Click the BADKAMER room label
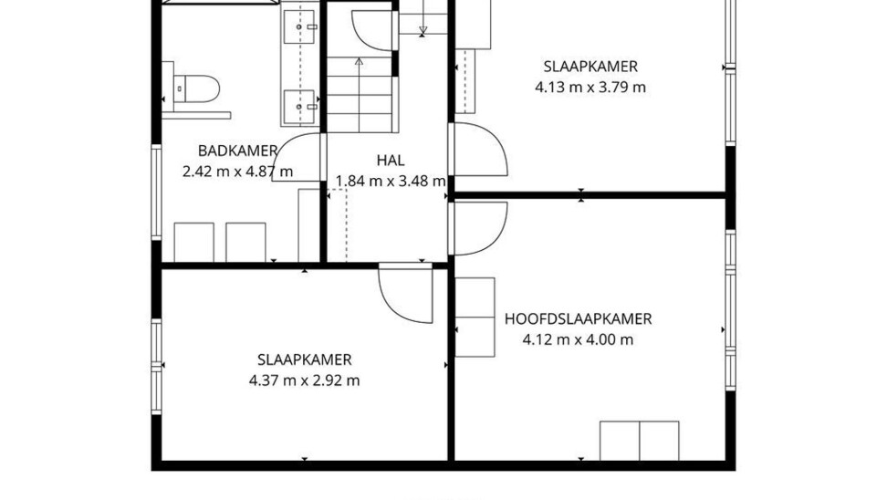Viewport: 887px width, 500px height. (237, 151)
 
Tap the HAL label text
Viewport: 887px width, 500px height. (391, 161)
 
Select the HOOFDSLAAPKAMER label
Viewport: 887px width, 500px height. (579, 319)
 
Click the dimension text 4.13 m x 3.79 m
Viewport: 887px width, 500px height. (590, 88)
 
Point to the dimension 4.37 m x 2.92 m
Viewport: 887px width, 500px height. (305, 380)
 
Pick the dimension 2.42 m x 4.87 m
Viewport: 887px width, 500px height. (237, 172)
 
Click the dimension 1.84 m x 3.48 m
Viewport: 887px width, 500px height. (391, 182)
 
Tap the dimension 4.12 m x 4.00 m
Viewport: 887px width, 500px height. (579, 340)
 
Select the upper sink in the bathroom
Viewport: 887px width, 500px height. (299, 26)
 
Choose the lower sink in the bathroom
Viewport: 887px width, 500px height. (299, 106)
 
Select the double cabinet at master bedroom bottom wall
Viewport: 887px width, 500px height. (639, 441)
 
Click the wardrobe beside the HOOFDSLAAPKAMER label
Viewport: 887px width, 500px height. (475, 318)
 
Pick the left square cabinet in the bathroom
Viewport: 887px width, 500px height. (193, 242)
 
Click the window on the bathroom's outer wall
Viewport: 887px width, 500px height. (156, 193)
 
